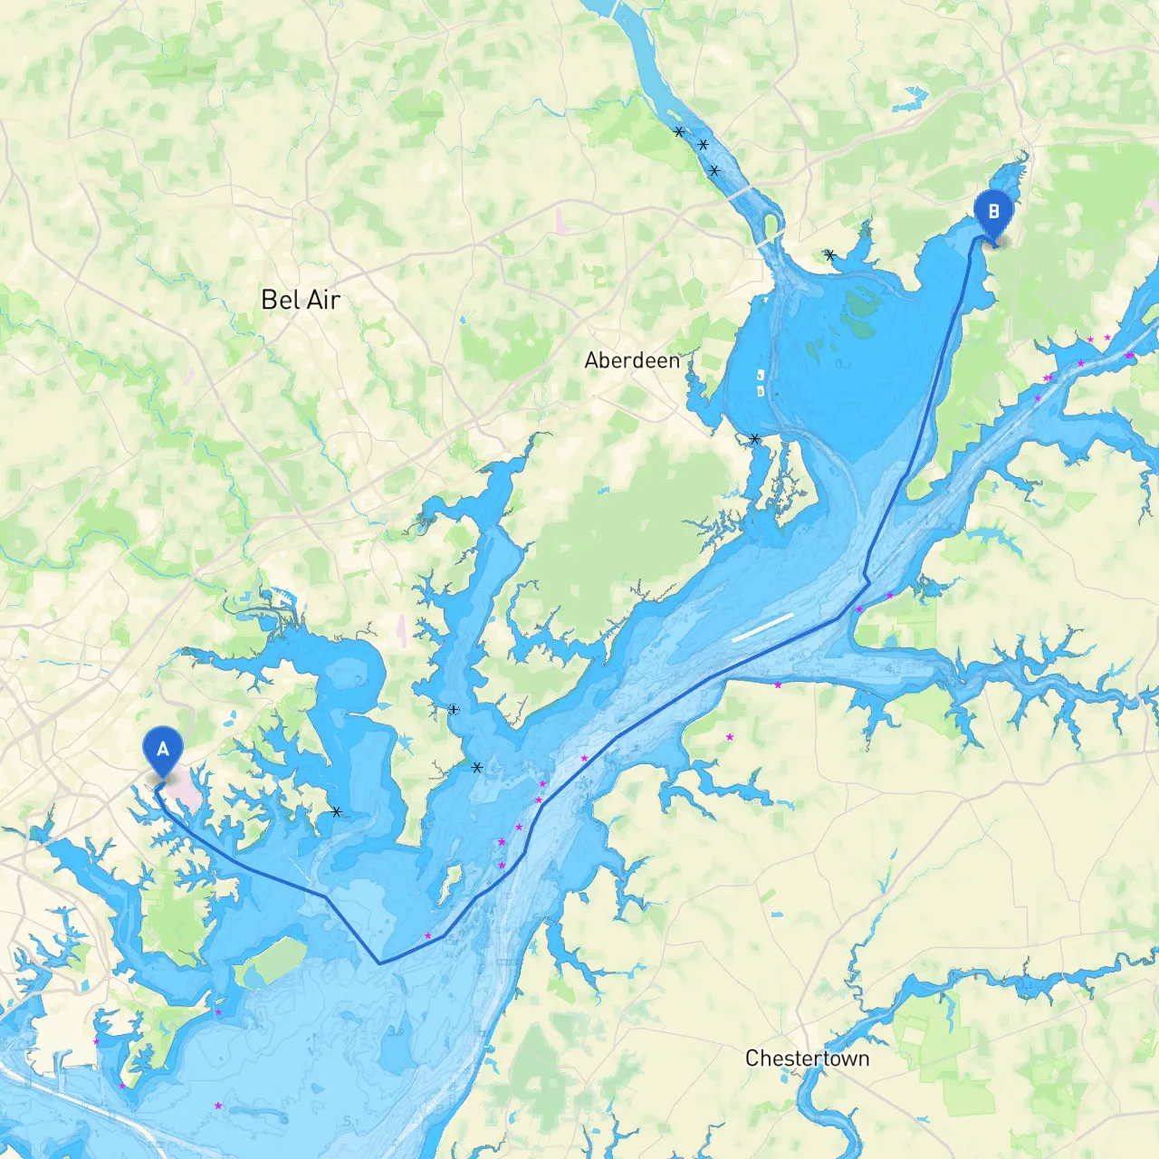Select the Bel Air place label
pos(300,300)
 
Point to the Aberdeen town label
pos(632,360)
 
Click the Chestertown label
pos(807,1058)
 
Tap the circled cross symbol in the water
pos(454,710)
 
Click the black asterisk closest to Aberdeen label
pos(754,439)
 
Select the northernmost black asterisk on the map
pos(679,132)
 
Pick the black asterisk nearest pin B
pos(829,255)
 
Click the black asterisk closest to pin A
pos(336,812)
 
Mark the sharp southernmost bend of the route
pos(379,963)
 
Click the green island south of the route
pos(272,962)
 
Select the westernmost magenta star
pos(96,1042)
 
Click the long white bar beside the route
pos(762,627)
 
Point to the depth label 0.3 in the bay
pos(843,364)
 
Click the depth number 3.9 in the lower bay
pos(396,1030)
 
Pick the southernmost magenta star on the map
pos(217,1106)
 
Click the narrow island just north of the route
pos(445,892)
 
